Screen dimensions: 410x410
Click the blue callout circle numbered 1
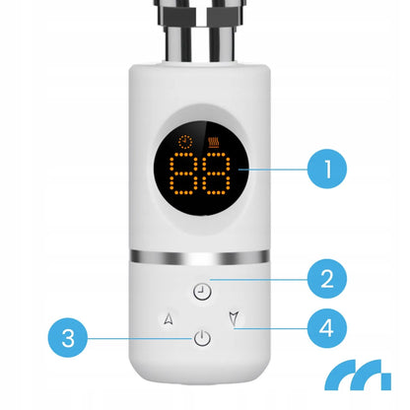click(327, 169)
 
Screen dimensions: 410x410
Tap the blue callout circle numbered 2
click(327, 279)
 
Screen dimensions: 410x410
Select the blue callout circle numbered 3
click(68, 337)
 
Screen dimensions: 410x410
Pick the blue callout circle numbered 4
click(327, 328)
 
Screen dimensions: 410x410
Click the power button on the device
click(202, 338)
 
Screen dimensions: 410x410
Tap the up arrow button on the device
click(169, 318)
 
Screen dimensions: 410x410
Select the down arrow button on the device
click(234, 318)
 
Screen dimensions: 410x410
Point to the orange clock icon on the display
click(185, 142)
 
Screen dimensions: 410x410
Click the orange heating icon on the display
click(214, 142)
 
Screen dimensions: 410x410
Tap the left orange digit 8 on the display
click(183, 173)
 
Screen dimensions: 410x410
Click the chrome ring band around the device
click(199, 257)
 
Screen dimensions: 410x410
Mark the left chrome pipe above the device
click(177, 32)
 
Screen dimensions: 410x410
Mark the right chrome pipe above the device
click(223, 32)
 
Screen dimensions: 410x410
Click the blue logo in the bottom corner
click(358, 375)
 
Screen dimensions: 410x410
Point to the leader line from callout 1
click(273, 170)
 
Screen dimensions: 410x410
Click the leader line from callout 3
click(140, 338)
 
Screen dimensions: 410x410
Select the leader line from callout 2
click(259, 280)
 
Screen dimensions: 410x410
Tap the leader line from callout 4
click(271, 328)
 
